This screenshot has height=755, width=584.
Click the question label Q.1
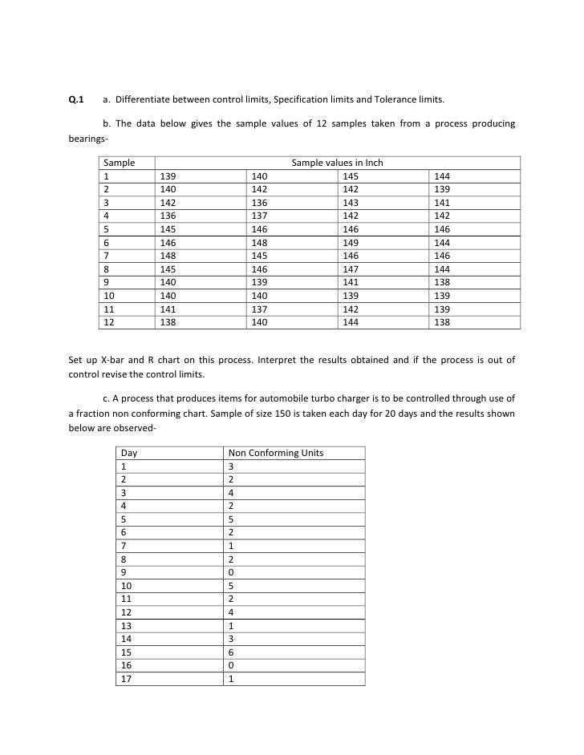point(76,100)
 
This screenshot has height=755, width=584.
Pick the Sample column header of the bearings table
point(120,163)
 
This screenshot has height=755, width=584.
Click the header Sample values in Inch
point(337,163)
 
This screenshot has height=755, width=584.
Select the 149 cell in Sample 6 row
point(350,243)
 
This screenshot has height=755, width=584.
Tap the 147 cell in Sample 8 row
point(350,269)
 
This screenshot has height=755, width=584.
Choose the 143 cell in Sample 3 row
point(350,203)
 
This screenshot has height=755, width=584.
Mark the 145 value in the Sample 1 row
point(350,176)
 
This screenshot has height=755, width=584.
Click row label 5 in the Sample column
point(107,229)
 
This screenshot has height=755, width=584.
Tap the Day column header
point(128,453)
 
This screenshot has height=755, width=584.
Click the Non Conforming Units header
point(276,453)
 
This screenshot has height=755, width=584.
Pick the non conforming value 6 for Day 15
point(231,652)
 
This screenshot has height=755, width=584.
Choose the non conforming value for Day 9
point(231,572)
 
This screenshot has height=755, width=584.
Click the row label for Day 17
point(125,678)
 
